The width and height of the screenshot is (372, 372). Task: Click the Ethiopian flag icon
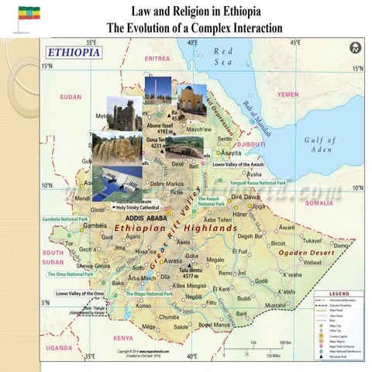[x=29, y=13]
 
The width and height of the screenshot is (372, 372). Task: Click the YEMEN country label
[x=288, y=95]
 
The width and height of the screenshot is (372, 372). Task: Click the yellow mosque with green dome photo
[x=191, y=100]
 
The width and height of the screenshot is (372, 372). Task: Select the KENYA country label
[x=123, y=338]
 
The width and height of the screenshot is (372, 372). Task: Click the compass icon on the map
[x=355, y=47]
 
